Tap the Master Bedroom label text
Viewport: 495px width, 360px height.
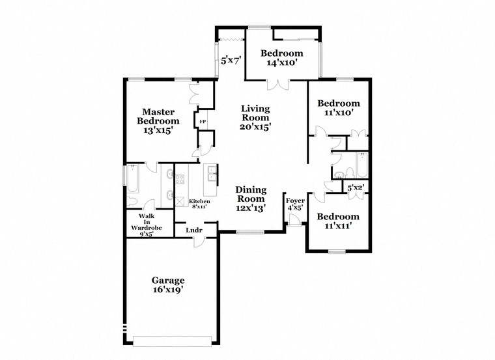(158, 121)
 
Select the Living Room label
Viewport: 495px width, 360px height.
(255, 118)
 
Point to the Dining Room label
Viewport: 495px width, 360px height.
(250, 199)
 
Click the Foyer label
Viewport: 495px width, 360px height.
(295, 204)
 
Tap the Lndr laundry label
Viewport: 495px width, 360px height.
(193, 230)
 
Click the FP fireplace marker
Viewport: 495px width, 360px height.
(203, 122)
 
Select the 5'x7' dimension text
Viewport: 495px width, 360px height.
(231, 61)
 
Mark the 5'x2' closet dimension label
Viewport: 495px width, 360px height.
(355, 188)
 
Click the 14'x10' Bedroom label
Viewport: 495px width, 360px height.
(281, 58)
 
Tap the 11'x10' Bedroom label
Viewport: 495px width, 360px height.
(338, 107)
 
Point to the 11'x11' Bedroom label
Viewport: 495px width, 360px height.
(338, 221)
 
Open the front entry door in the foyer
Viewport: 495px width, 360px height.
(294, 223)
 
